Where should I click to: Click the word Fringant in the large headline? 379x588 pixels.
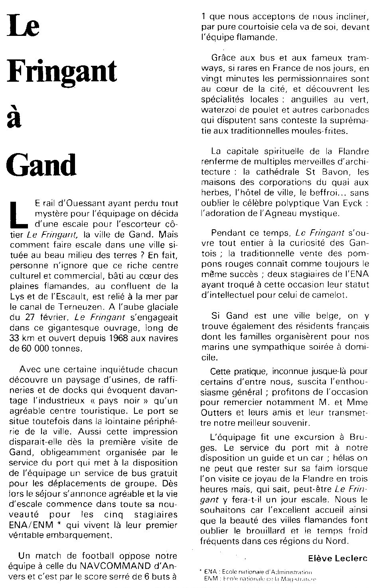point(62,72)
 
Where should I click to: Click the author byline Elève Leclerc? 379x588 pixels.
point(337,558)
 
